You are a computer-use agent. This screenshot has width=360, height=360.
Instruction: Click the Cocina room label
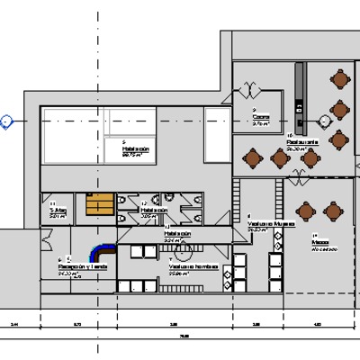(261, 117)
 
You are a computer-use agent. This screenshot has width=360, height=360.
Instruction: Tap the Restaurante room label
(300, 141)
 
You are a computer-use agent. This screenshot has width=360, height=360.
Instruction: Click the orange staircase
(96, 207)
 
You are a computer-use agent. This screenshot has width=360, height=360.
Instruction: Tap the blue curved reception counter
(100, 247)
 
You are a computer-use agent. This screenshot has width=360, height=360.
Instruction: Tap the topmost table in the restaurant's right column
(339, 81)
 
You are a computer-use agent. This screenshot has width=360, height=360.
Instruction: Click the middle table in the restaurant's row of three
(280, 158)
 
